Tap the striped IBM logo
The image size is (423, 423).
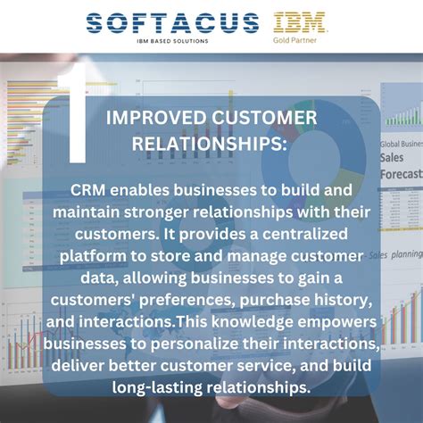[298, 22]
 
